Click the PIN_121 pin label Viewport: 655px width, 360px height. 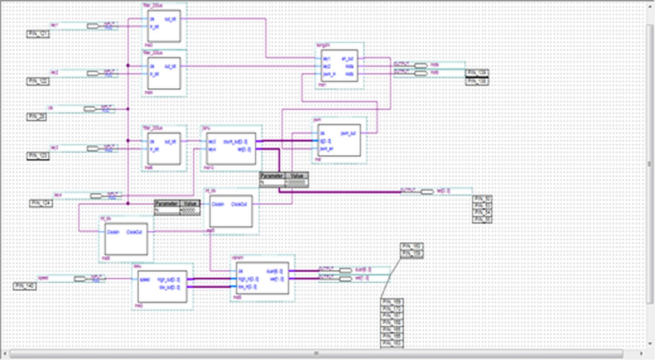point(38,34)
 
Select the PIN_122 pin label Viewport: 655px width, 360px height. point(38,81)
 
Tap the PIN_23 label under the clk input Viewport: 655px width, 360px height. point(37,117)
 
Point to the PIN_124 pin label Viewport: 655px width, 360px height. point(41,203)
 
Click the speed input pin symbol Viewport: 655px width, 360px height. point(81,279)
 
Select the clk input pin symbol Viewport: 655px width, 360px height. point(90,109)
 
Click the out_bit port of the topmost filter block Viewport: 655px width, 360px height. point(173,19)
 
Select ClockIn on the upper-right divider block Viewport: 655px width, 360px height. point(218,204)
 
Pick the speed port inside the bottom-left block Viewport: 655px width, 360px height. point(145,279)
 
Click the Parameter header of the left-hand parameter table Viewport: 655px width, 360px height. point(167,203)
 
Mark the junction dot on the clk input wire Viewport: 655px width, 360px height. point(128,109)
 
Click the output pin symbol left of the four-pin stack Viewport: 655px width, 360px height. point(427,192)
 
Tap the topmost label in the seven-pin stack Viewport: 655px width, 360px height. point(392,302)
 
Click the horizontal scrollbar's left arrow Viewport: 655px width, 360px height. point(5,353)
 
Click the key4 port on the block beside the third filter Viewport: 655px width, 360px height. point(212,149)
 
